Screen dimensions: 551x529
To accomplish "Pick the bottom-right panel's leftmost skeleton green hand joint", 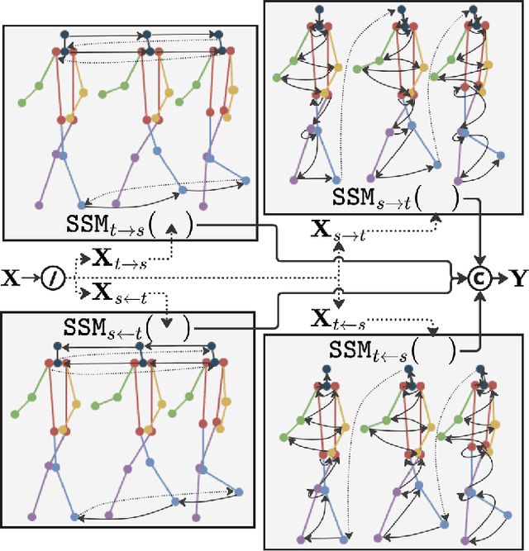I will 284,438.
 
